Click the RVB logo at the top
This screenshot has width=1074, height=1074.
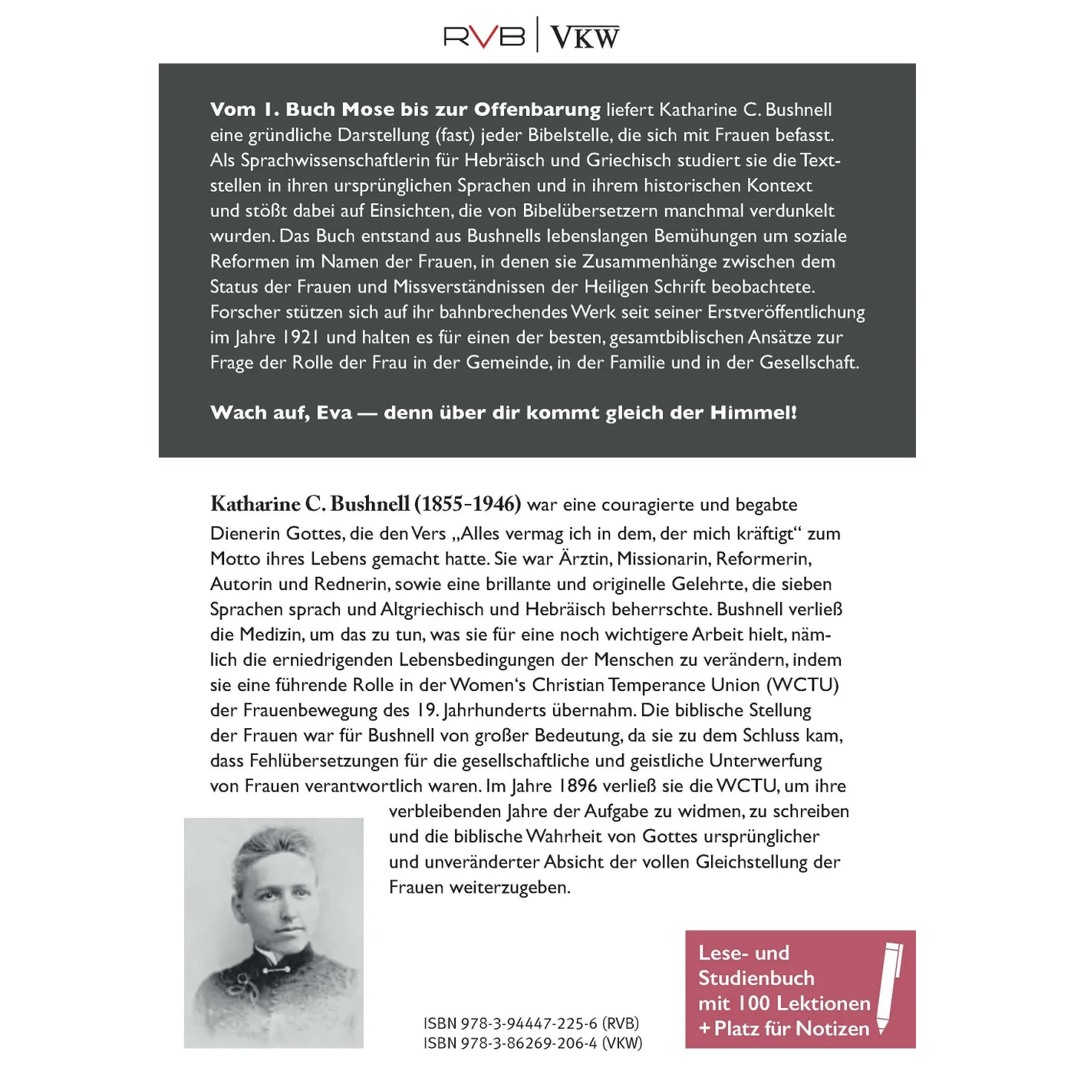coord(484,36)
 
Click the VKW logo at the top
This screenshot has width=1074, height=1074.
coord(585,37)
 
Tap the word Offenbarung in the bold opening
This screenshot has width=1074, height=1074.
coord(537,110)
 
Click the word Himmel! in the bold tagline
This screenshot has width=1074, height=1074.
coord(753,413)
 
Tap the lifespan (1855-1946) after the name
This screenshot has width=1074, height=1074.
coord(468,504)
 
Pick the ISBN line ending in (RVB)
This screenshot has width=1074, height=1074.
coord(531,1023)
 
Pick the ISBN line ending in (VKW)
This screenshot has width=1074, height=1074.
coord(532,1043)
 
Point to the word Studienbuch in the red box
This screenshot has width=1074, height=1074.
coord(756,978)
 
